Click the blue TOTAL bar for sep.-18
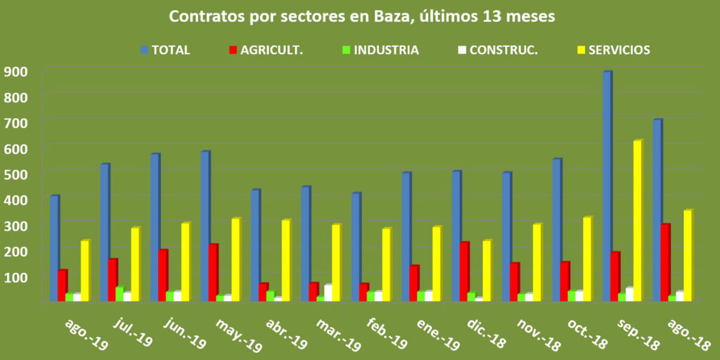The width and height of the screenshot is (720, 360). coord(607,186)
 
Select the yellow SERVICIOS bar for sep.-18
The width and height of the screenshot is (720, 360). coord(637,221)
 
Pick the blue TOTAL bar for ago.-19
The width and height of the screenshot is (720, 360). coord(54,248)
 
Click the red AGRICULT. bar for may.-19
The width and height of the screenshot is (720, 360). coord(212,273)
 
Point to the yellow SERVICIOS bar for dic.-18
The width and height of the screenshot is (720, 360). coord(486,271)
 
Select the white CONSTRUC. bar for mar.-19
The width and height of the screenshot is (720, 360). coord(328,292)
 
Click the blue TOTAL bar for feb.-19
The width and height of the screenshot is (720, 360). coord(356,247)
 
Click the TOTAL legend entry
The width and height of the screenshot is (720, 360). coord(165,50)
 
